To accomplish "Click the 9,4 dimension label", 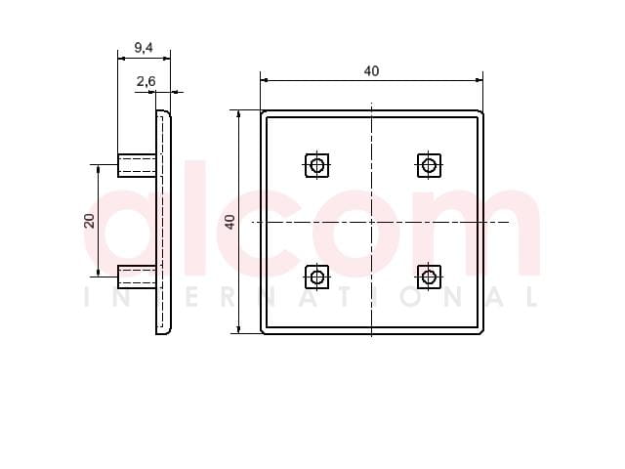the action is [x=144, y=48].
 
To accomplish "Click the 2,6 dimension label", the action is [x=146, y=81].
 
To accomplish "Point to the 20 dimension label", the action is [x=90, y=221].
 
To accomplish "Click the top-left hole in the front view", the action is [x=316, y=165].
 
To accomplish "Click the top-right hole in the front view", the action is [x=429, y=165].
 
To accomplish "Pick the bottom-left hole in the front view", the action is [x=316, y=277].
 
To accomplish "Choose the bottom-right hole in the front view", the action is [x=429, y=277].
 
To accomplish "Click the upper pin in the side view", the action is [x=137, y=165].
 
